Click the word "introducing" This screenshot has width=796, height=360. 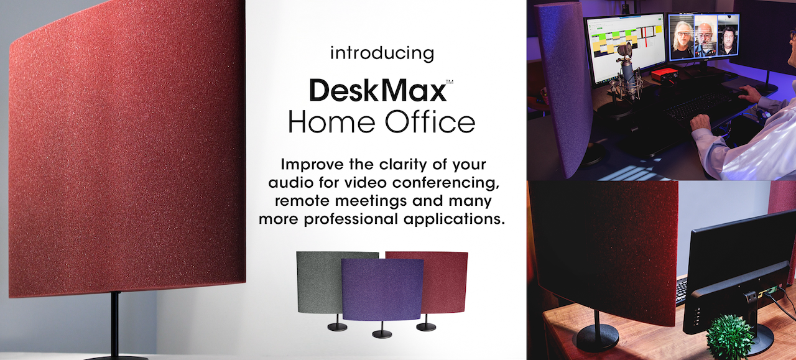coord(382,53)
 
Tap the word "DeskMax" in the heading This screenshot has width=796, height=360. coord(377,91)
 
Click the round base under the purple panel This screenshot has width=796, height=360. coord(381,334)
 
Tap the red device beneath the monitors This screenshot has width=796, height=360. coord(663,76)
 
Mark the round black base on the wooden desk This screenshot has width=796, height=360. coord(596,338)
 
